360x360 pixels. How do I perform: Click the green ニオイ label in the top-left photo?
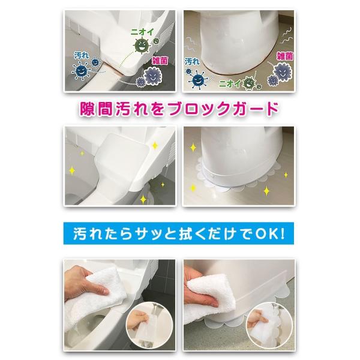pyautogui.click(x=142, y=32)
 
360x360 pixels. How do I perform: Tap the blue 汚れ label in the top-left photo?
pyautogui.click(x=82, y=56)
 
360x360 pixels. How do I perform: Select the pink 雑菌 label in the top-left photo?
pyautogui.click(x=160, y=61)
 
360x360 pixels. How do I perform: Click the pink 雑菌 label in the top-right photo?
pyautogui.click(x=285, y=56)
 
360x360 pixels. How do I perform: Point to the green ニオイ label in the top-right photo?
pyautogui.click(x=230, y=84)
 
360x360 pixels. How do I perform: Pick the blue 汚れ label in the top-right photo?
pyautogui.click(x=192, y=62)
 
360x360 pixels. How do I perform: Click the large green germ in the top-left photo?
pyautogui.click(x=142, y=46)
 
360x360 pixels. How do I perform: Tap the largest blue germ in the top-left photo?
pyautogui.click(x=81, y=71)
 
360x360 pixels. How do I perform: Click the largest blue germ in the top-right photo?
pyautogui.click(x=197, y=80)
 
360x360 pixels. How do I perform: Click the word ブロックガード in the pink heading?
pyautogui.click(x=223, y=109)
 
